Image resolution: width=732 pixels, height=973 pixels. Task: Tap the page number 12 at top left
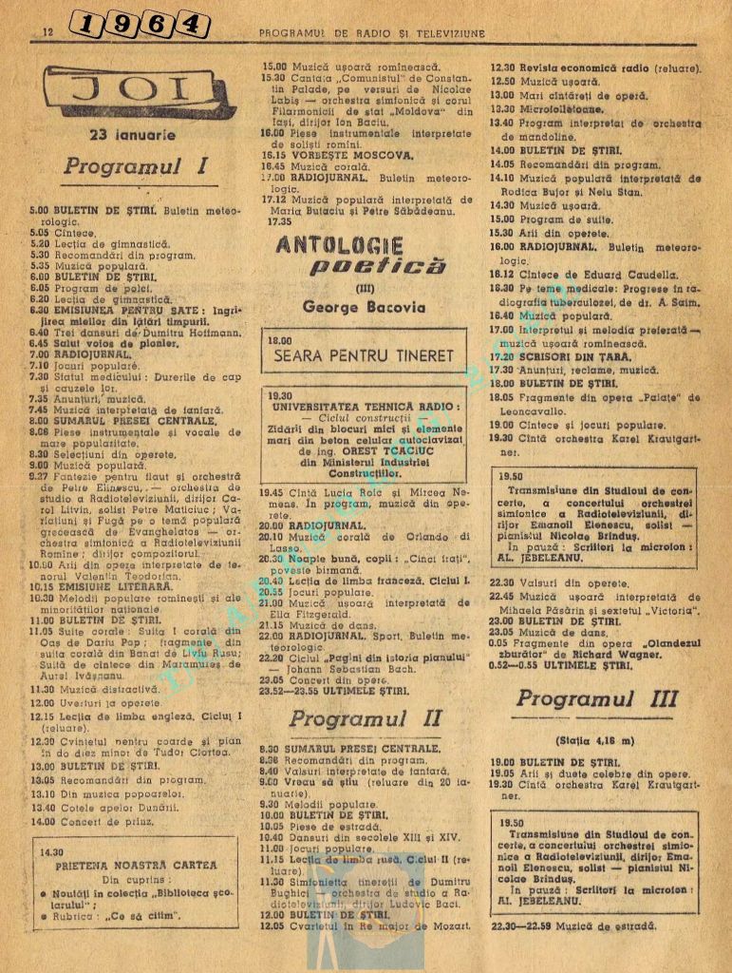(x=46, y=32)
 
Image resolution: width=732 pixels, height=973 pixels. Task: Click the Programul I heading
(x=136, y=167)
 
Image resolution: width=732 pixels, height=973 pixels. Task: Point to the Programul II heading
(x=361, y=719)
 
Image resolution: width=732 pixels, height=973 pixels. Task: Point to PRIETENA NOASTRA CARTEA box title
(x=135, y=866)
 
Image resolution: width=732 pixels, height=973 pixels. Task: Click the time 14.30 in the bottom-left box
(x=52, y=851)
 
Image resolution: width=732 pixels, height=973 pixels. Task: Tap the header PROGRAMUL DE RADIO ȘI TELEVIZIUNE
(x=371, y=33)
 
